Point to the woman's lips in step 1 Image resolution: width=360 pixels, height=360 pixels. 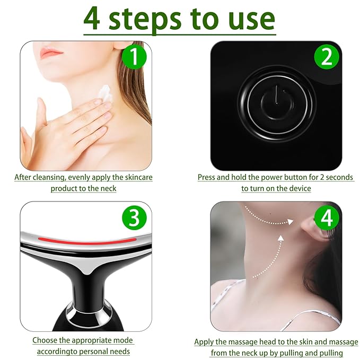pos(51,52)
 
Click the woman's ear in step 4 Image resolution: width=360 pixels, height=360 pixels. pos(309,230)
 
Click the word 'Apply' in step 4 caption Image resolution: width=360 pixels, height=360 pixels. pos(205,343)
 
